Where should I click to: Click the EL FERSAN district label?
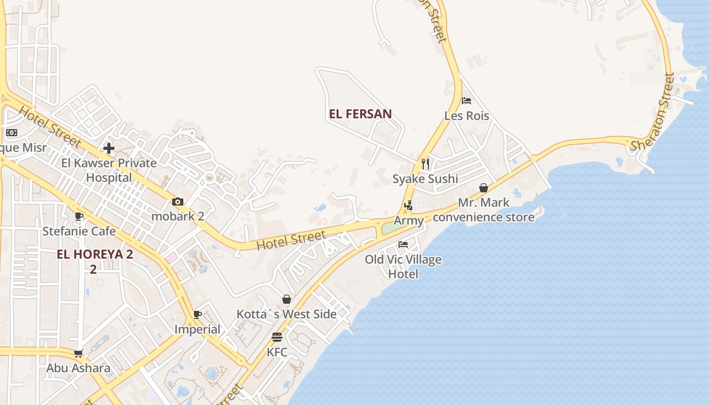360,114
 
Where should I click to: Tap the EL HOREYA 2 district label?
95,255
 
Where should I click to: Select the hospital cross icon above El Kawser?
109,148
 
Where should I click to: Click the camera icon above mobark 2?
177,202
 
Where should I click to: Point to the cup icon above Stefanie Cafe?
79,217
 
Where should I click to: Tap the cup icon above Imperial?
198,315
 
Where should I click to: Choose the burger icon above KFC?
277,337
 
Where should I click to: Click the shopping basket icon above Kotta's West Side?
287,299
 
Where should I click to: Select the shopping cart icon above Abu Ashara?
78,353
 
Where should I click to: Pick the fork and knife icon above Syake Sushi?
425,164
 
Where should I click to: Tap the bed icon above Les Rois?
466,101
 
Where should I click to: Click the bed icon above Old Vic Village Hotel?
403,245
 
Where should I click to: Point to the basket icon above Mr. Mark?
484,188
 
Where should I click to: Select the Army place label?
408,221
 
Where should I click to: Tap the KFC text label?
277,352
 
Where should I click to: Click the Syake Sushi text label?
425,179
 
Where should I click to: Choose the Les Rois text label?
466,116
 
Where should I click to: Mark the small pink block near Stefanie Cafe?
171,258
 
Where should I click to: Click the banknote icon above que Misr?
12,133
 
